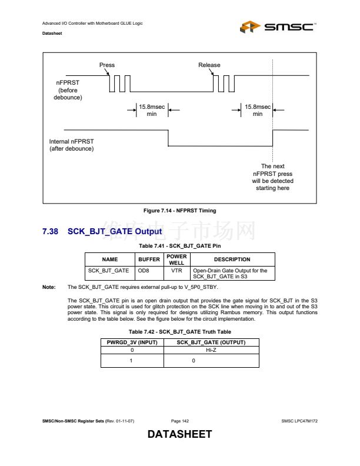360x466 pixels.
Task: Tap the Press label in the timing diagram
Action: pyautogui.click(x=107, y=65)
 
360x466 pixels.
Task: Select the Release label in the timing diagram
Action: pyautogui.click(x=209, y=65)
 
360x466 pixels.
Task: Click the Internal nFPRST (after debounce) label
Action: pyautogui.click(x=71, y=145)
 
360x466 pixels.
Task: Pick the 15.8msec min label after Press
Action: pyautogui.click(x=152, y=110)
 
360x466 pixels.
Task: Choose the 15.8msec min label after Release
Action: pyautogui.click(x=258, y=110)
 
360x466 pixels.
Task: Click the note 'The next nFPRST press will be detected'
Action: pyautogui.click(x=272, y=177)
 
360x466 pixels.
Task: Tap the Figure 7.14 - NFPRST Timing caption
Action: pyautogui.click(x=180, y=211)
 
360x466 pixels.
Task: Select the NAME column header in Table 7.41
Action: pyautogui.click(x=110, y=259)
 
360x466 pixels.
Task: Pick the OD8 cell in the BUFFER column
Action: pyautogui.click(x=143, y=271)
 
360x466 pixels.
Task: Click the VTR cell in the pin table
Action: pyautogui.click(x=176, y=271)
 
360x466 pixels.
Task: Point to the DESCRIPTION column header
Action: pyautogui.click(x=232, y=259)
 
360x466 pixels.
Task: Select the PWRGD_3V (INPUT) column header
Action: pyautogui.click(x=132, y=342)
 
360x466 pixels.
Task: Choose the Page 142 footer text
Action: pyautogui.click(x=180, y=421)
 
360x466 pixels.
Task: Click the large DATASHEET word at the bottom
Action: pyautogui.click(x=179, y=435)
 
